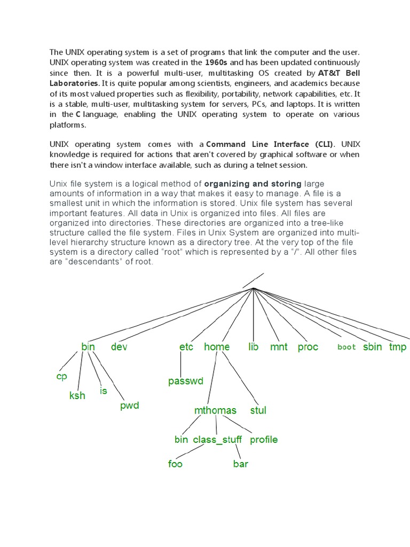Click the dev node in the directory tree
point(119,347)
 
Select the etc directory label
point(186,347)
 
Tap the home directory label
point(217,347)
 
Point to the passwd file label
point(186,381)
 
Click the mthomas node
point(215,411)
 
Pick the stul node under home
point(258,411)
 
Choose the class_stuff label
point(217,440)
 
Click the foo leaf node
point(175,464)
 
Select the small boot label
point(346,347)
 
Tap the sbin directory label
point(373,347)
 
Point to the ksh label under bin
point(77,396)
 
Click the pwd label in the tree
point(129,405)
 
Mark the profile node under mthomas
point(264,440)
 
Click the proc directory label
point(307,347)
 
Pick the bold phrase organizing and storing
point(253,184)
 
